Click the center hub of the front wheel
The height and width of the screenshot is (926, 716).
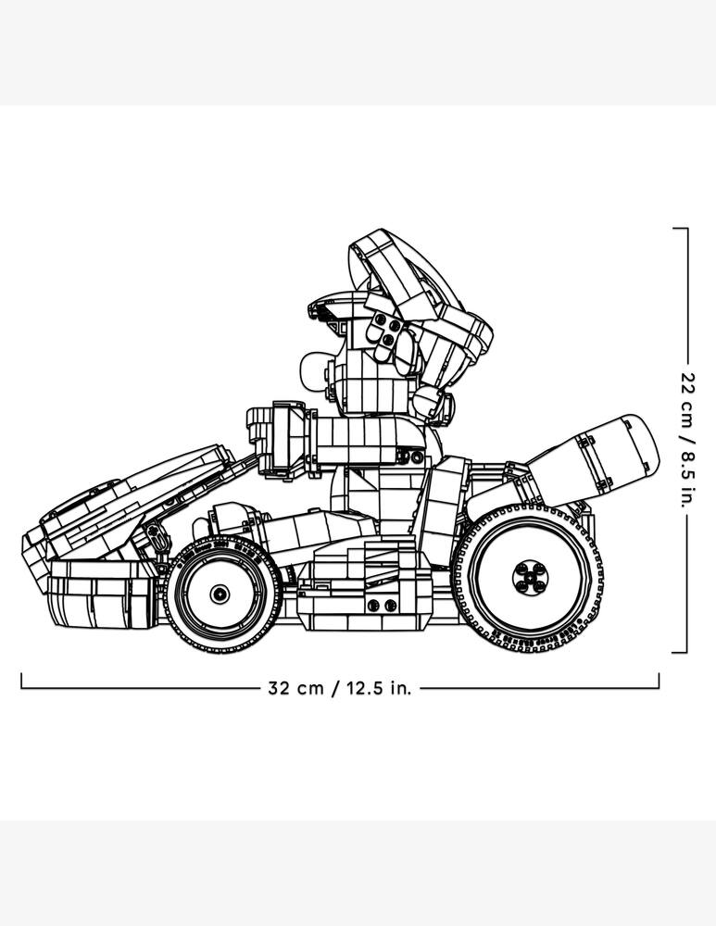(219, 593)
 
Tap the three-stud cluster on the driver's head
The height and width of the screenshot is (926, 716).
(384, 332)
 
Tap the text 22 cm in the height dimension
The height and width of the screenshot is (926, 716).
(686, 395)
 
